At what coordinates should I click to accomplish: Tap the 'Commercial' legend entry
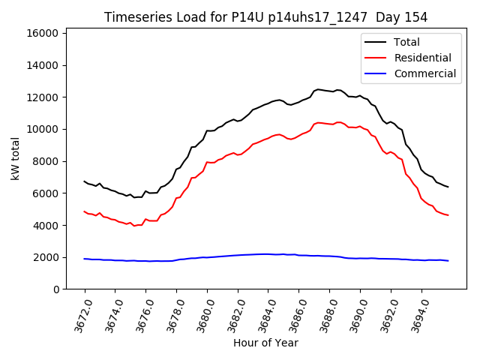(424, 73)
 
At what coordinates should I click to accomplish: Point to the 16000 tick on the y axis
(43, 33)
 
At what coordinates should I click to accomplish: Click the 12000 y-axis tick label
(43, 97)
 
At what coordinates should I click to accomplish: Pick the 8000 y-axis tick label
(46, 161)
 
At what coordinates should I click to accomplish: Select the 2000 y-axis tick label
(46, 257)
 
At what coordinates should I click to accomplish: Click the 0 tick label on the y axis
(57, 289)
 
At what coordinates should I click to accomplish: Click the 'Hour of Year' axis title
(265, 343)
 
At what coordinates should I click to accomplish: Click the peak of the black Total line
(318, 89)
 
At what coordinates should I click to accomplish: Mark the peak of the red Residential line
(318, 122)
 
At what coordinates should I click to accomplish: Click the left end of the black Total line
(85, 181)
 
